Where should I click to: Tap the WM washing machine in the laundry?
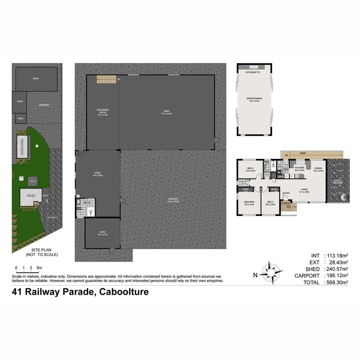pos(280,166)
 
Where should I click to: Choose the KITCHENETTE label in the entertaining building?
pos(253,72)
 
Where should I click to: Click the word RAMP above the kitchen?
pos(303,153)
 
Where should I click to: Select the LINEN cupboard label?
pos(281,176)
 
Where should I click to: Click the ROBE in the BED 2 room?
pos(274,189)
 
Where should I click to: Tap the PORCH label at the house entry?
pos(285,203)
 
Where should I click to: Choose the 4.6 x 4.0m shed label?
pos(102,233)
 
